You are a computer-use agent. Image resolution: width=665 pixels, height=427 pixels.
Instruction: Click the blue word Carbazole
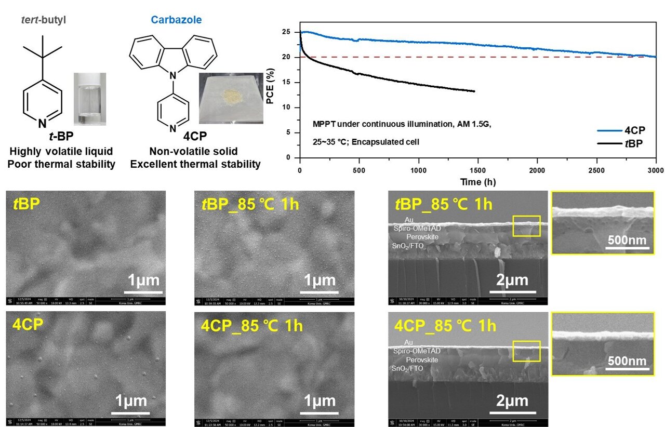click(176, 20)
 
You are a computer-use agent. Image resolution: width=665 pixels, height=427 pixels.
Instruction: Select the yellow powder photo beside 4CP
click(231, 98)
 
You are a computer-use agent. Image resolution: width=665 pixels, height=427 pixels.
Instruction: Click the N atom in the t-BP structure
click(43, 123)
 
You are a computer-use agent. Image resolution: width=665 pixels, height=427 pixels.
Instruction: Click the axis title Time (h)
click(477, 181)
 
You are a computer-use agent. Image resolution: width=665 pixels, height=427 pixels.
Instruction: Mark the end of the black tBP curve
click(474, 91)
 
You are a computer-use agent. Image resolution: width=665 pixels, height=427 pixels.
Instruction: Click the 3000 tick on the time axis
click(656, 170)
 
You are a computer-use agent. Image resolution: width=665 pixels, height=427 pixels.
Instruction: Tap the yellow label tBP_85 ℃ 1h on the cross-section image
click(443, 204)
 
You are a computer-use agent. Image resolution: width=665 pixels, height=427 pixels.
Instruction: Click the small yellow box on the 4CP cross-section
click(526, 351)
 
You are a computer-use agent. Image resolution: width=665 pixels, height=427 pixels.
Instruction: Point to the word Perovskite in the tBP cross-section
click(422, 236)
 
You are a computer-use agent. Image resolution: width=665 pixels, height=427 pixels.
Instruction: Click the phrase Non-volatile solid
click(193, 151)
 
